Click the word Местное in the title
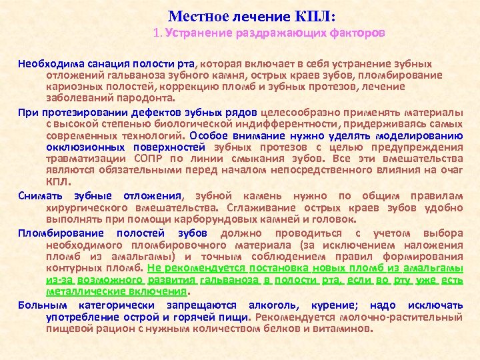[195, 15]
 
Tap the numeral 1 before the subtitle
[155, 32]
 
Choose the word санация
[100, 63]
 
